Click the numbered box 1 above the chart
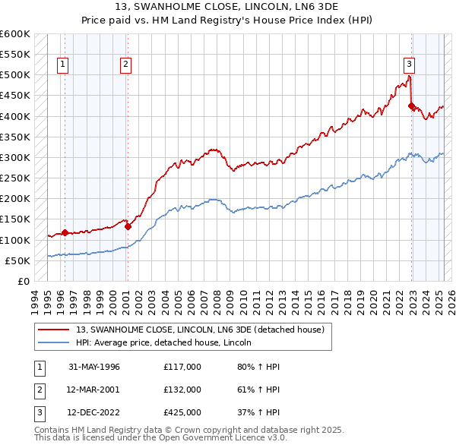pyautogui.click(x=62, y=65)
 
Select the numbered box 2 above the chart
pyautogui.click(x=125, y=65)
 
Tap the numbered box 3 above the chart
pyautogui.click(x=409, y=65)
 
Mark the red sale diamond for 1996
pyautogui.click(x=65, y=233)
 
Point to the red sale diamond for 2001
pyautogui.click(x=128, y=226)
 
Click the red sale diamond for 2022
pyautogui.click(x=412, y=106)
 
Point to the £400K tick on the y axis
pyautogui.click(x=15, y=116)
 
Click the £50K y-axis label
pyautogui.click(x=18, y=260)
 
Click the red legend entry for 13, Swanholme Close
pyautogui.click(x=200, y=330)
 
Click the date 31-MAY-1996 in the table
pyautogui.click(x=94, y=367)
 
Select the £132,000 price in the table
pyautogui.click(x=182, y=390)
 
